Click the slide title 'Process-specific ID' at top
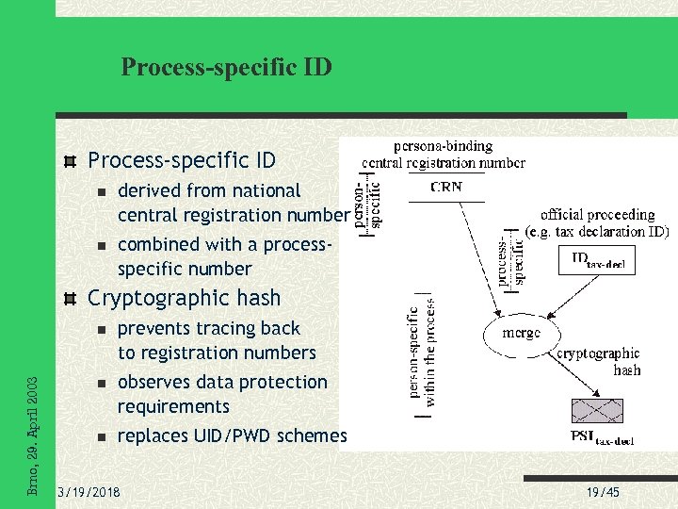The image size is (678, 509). [x=226, y=67]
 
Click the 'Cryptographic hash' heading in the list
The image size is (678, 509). [x=184, y=298]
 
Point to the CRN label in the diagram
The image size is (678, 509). [x=446, y=187]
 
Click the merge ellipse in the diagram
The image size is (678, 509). [x=521, y=333]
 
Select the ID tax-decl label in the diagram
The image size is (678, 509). [x=597, y=260]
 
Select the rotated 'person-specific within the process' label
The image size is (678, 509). [x=421, y=353]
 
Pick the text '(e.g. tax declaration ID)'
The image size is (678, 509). [x=597, y=231]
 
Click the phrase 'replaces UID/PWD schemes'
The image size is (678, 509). [x=232, y=435]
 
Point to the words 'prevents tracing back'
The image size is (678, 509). [x=208, y=328]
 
